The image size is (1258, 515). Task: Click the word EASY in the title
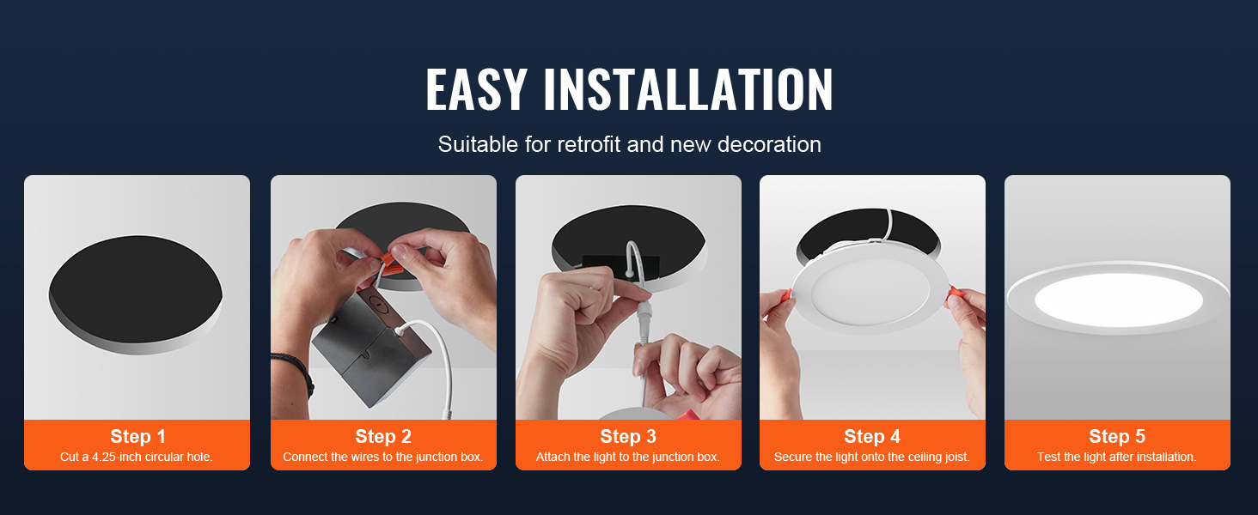pyautogui.click(x=476, y=90)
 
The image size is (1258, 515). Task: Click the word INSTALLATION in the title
pyautogui.click(x=688, y=90)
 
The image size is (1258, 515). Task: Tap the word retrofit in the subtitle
pyautogui.click(x=589, y=144)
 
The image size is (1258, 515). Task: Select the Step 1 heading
pyautogui.click(x=137, y=436)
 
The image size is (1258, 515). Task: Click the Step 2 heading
pyautogui.click(x=383, y=436)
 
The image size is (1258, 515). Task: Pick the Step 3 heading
pyautogui.click(x=627, y=436)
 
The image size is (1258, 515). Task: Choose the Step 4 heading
pyautogui.click(x=872, y=436)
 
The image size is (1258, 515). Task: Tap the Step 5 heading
pyautogui.click(x=1116, y=436)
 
